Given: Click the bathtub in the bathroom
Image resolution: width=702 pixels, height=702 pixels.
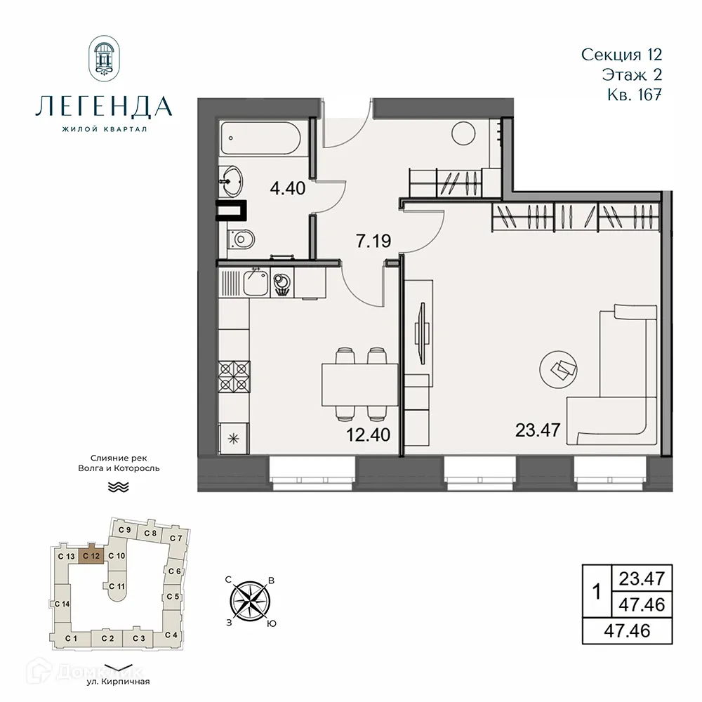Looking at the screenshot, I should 261,139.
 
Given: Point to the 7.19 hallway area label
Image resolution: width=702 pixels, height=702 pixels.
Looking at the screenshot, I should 373,241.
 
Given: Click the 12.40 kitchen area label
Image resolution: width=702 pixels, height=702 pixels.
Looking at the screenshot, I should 368,433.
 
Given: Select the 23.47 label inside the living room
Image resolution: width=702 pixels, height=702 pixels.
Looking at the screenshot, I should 538,430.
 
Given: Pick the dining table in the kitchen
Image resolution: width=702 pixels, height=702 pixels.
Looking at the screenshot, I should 358,385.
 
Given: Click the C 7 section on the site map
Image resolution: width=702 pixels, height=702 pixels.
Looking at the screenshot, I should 175,538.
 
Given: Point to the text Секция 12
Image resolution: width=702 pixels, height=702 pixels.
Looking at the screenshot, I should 622,54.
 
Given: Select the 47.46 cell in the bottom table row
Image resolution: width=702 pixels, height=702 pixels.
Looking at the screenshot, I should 627,630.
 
